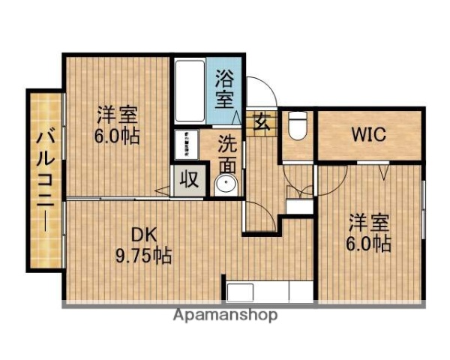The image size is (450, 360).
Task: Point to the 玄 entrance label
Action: pyautogui.click(x=262, y=120)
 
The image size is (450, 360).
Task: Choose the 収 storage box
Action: pyautogui.click(x=188, y=181)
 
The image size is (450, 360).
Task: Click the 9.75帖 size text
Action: pyautogui.click(x=143, y=255)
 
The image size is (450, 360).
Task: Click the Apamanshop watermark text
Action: pyautogui.click(x=225, y=315)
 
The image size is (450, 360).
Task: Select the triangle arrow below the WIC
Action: pyautogui.click(x=383, y=172)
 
